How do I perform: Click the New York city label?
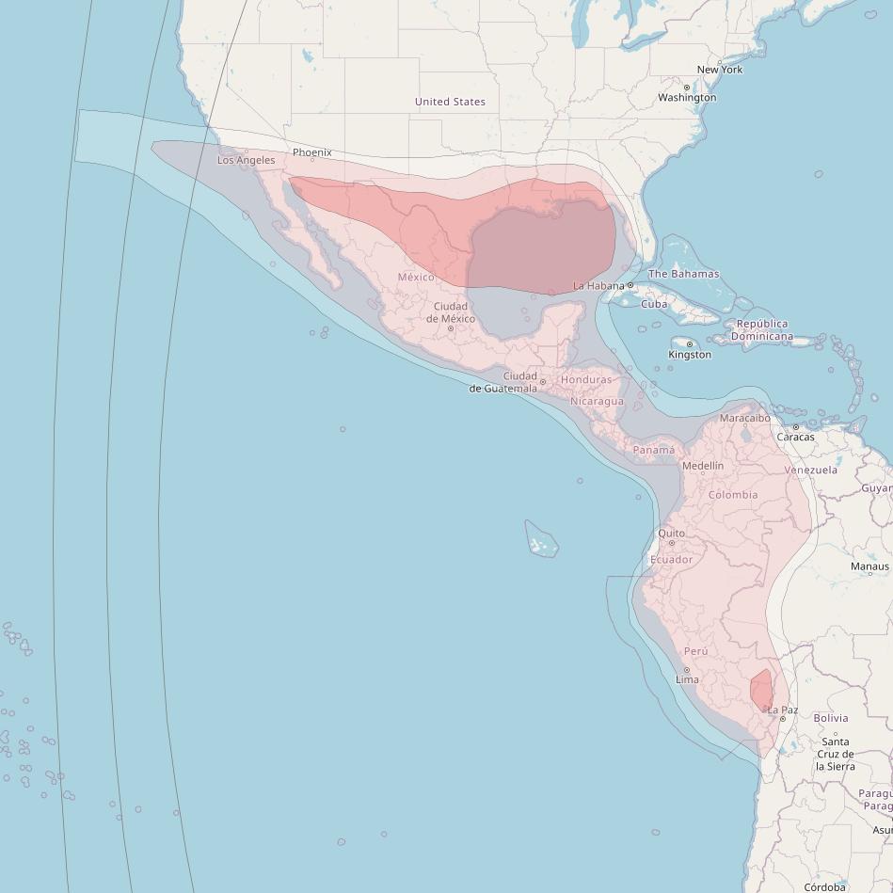719,70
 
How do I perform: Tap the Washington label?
687,98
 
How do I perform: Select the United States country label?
450,102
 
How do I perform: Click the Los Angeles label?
247,160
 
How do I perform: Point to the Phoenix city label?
311,152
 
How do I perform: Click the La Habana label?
599,285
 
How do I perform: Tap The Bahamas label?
683,274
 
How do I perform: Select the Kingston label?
690,355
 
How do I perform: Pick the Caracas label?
795,438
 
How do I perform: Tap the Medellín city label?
703,466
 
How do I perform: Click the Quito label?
671,534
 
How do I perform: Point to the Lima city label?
687,679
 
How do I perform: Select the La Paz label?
782,710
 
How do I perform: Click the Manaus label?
869,566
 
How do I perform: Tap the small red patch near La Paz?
761,690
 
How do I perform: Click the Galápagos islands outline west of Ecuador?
541,539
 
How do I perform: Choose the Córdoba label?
824,886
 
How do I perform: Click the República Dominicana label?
761,330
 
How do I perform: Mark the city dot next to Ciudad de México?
451,328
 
